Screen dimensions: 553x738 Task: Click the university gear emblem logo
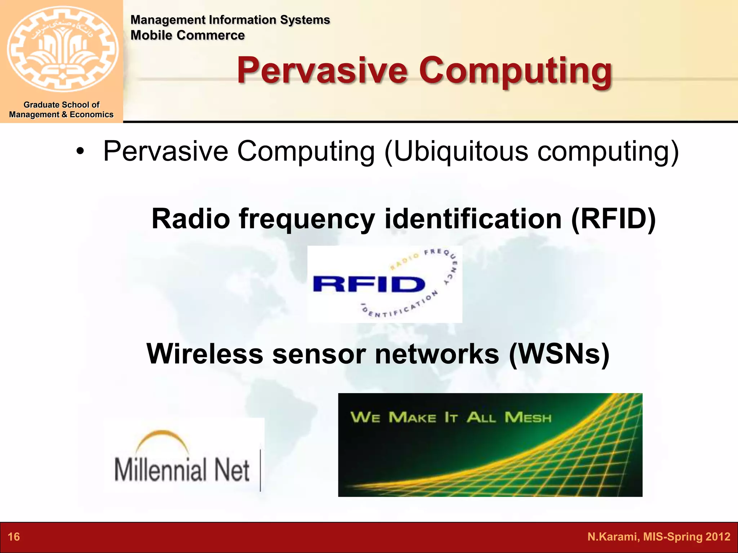coord(62,49)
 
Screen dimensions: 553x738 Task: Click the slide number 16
coord(14,537)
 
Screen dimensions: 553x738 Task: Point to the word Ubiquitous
coord(461,151)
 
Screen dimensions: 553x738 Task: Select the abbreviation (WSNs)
coord(559,354)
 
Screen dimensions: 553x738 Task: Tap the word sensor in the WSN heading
coord(319,354)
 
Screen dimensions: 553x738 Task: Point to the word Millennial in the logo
coord(161,470)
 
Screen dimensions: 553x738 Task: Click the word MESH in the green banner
coord(528,418)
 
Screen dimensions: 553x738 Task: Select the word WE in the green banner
coord(365,418)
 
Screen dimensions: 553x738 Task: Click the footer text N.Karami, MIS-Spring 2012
coord(658,537)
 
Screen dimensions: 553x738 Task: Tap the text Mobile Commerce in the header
coord(187,35)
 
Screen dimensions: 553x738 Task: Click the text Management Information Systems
coord(230,20)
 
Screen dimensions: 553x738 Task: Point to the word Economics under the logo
coord(92,114)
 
